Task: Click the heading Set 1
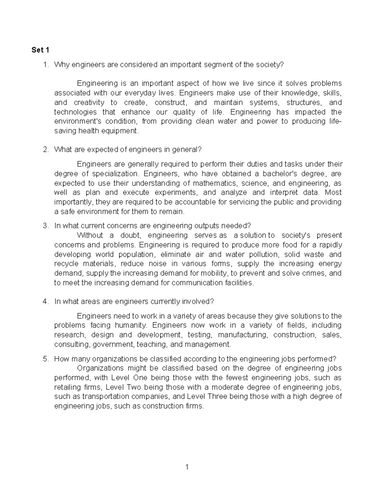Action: (x=40, y=50)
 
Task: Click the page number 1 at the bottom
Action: (x=187, y=467)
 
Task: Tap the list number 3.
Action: (x=45, y=226)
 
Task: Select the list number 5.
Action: (x=45, y=359)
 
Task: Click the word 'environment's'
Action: (x=77, y=121)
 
